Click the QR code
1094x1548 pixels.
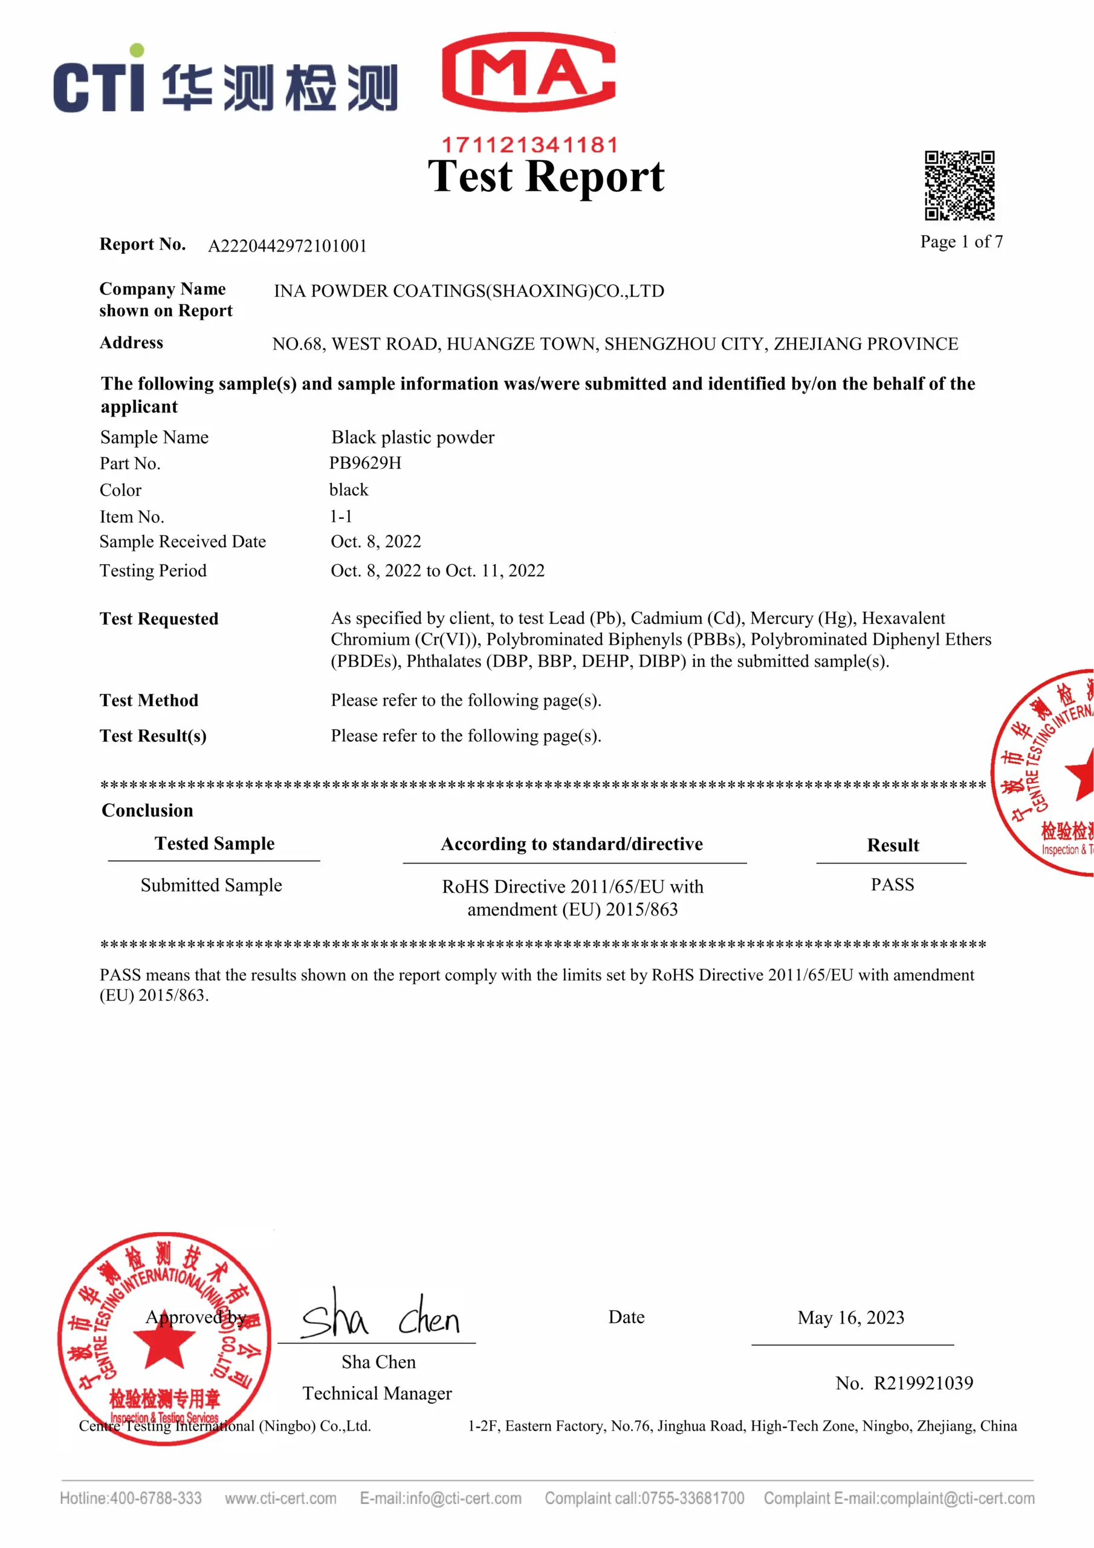pos(959,186)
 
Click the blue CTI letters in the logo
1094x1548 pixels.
pos(100,84)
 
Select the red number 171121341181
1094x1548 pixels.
pos(529,145)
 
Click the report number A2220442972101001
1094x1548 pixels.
pos(287,246)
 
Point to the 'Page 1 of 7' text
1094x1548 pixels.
pos(961,241)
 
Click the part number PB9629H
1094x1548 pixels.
pos(364,463)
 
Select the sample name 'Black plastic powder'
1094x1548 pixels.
pos(413,438)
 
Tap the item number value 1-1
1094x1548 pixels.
pos(340,516)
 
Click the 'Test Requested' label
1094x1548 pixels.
pos(159,619)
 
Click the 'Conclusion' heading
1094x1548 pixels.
pos(147,810)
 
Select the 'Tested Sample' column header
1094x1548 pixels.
pos(215,844)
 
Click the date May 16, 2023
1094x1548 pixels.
pos(850,1318)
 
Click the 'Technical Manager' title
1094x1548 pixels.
pos(377,1394)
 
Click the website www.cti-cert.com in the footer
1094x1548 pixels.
pos(280,1498)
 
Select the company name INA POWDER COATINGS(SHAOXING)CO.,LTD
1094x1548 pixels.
pos(468,291)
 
